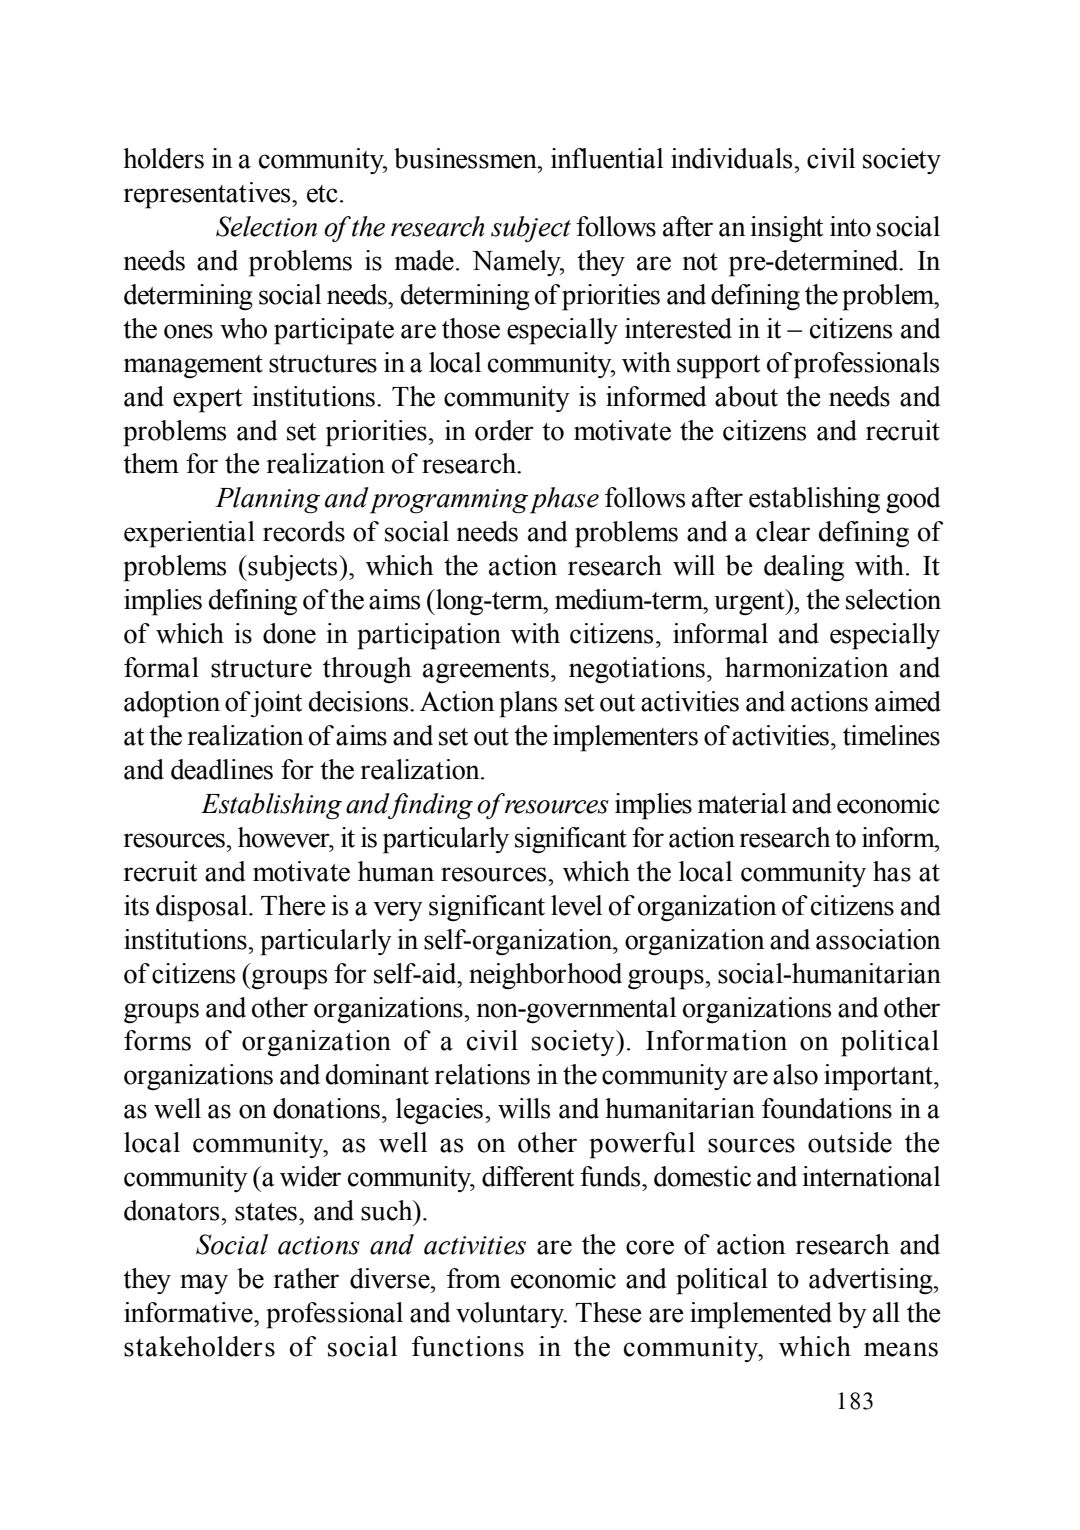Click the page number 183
coord(855,1401)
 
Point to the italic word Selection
coord(263,227)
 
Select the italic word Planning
coord(265,498)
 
